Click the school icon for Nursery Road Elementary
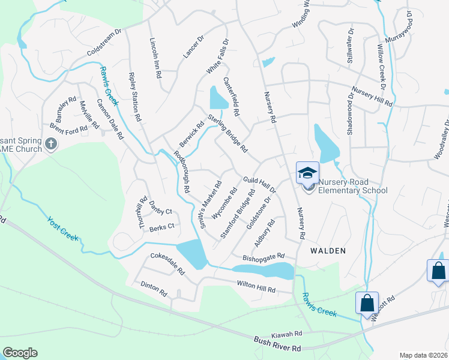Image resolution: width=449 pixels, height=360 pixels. [x=307, y=173]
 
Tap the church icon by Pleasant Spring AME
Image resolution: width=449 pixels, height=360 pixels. [x=51, y=144]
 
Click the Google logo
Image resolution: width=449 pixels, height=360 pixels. [x=19, y=353]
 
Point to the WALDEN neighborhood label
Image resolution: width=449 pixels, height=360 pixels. [x=328, y=250]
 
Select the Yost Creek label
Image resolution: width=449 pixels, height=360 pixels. [x=62, y=229]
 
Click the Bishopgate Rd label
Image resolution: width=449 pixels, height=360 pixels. [x=263, y=257]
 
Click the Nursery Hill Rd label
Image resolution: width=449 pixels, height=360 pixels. [x=372, y=97]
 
